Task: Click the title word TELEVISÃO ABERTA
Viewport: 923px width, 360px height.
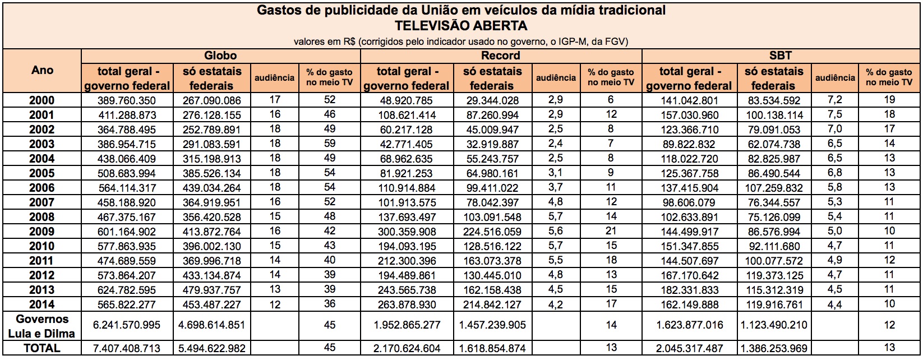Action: click(461, 26)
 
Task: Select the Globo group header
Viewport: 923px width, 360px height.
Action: click(220, 56)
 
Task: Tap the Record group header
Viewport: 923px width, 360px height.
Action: click(501, 56)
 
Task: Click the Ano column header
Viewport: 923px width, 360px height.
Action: click(43, 71)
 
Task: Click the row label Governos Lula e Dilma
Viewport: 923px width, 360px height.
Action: click(43, 326)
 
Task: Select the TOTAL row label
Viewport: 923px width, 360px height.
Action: click(43, 348)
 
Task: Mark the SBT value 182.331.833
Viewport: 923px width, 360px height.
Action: click(689, 290)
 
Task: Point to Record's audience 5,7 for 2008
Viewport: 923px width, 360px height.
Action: click(555, 217)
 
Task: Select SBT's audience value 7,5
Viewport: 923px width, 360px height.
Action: click(835, 115)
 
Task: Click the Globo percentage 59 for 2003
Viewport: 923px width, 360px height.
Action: click(329, 144)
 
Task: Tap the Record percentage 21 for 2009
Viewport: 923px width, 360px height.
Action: click(611, 232)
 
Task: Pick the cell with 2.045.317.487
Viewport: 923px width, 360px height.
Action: click(689, 348)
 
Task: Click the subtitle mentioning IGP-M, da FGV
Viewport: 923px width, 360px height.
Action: click(461, 41)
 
